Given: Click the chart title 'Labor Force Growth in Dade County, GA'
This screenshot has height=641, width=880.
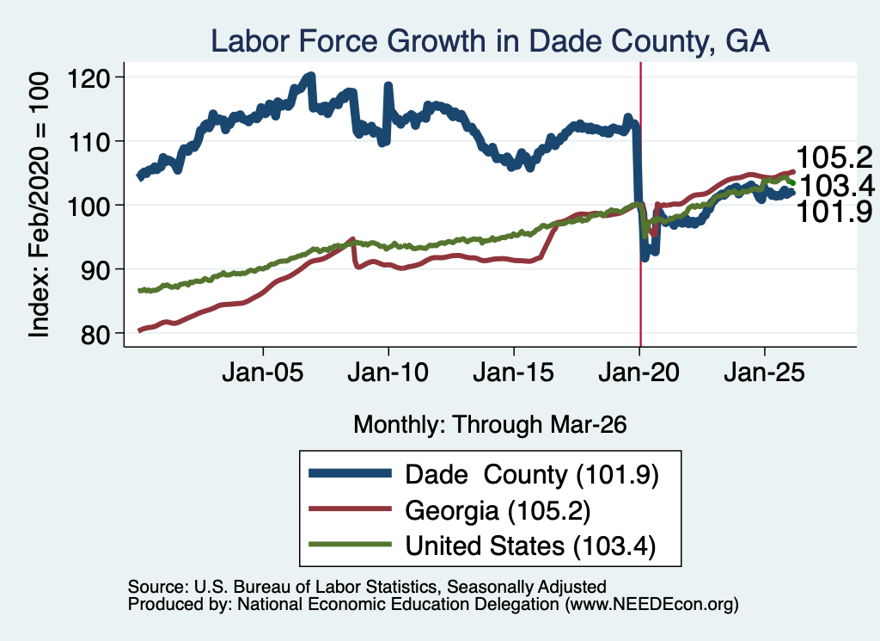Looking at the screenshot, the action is pyautogui.click(x=490, y=41).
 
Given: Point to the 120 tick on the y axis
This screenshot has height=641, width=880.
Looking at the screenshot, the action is pyautogui.click(x=89, y=77).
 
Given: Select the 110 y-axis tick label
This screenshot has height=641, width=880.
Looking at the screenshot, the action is pyautogui.click(x=89, y=142).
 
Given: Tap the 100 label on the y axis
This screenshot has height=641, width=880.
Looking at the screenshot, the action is pyautogui.click(x=89, y=206).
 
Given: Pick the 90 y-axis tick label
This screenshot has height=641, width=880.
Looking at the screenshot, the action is pyautogui.click(x=95, y=269).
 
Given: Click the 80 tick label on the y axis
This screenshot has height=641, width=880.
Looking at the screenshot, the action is pyautogui.click(x=95, y=334).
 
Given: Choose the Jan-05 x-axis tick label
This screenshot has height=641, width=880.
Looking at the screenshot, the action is pyautogui.click(x=263, y=373).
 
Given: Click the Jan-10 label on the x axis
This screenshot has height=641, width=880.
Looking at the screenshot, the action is pyautogui.click(x=388, y=373).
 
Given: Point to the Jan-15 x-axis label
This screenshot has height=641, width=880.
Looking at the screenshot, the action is pyautogui.click(x=514, y=373).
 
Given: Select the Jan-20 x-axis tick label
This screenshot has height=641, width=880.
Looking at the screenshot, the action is pyautogui.click(x=639, y=373).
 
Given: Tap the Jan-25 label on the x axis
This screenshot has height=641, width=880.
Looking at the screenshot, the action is pyautogui.click(x=764, y=373).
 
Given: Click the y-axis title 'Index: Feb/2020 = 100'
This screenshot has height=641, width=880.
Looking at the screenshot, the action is pyautogui.click(x=39, y=205).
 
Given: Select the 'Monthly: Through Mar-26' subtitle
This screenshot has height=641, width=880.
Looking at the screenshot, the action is pyautogui.click(x=490, y=425).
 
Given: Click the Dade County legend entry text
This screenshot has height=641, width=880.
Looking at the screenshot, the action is pyautogui.click(x=531, y=475).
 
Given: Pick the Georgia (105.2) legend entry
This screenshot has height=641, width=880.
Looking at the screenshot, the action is pyautogui.click(x=498, y=511).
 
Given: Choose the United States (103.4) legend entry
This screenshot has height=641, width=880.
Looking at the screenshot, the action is pyautogui.click(x=530, y=546).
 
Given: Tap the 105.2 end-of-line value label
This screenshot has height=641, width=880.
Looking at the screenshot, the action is pyautogui.click(x=834, y=157).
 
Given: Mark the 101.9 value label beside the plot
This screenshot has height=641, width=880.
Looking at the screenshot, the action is pyautogui.click(x=834, y=212).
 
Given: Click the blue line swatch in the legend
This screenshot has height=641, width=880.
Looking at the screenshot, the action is pyautogui.click(x=351, y=473).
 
